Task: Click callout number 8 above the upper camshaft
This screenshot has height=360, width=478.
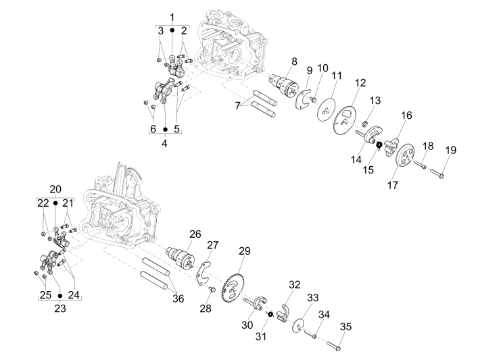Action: coord(293,61)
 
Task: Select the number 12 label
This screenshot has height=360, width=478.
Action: coord(360,82)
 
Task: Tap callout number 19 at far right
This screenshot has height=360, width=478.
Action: coord(451,149)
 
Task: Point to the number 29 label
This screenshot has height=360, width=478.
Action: coord(244,251)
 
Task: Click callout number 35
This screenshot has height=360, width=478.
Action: coord(345,327)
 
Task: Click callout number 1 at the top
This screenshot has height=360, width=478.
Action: coord(172,16)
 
